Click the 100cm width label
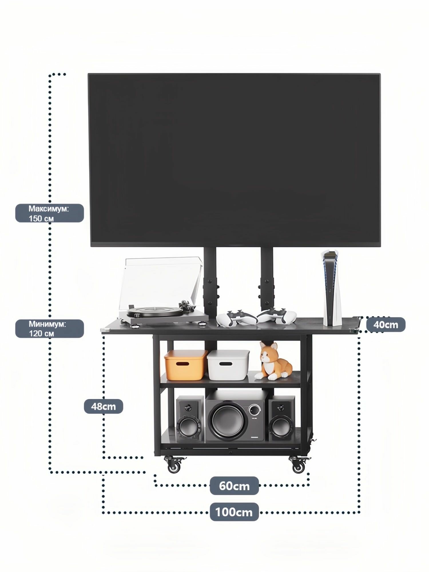[234, 512]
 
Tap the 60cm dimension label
[234, 486]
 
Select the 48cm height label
[104, 406]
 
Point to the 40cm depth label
[386, 325]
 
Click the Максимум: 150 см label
[49, 213]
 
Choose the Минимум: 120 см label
[49, 329]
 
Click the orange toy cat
[275, 361]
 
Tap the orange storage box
[186, 365]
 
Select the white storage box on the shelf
[228, 365]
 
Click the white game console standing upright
[331, 288]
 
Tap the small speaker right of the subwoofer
[281, 418]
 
